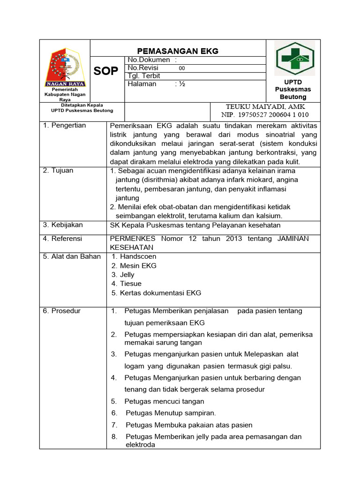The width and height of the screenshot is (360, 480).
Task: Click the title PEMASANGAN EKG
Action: click(x=177, y=51)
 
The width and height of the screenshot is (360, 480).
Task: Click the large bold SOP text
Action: click(x=106, y=71)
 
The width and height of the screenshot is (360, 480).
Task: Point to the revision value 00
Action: click(x=182, y=68)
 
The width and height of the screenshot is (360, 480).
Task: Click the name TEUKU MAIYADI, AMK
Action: click(x=265, y=106)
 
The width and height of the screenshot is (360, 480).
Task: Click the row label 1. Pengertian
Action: click(x=65, y=126)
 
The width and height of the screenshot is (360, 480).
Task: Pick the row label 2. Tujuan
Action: click(x=58, y=171)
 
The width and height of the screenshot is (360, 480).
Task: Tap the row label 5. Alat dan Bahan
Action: click(x=72, y=256)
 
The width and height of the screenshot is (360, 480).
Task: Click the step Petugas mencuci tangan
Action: click(x=164, y=401)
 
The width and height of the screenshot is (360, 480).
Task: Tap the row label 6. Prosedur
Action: click(x=62, y=311)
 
